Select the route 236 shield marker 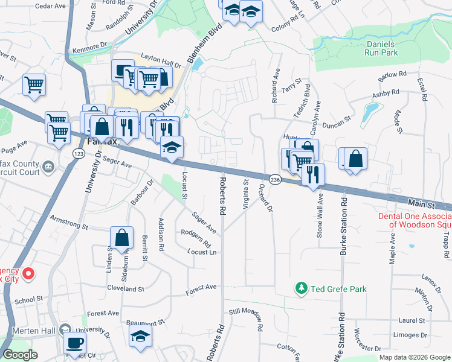click(x=275, y=180)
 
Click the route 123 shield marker click(x=79, y=154)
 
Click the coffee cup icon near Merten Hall click(x=75, y=343)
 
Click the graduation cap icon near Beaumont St click(x=141, y=335)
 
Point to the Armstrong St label click(x=69, y=221)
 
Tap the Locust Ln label click(x=202, y=252)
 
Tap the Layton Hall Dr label click(x=161, y=60)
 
